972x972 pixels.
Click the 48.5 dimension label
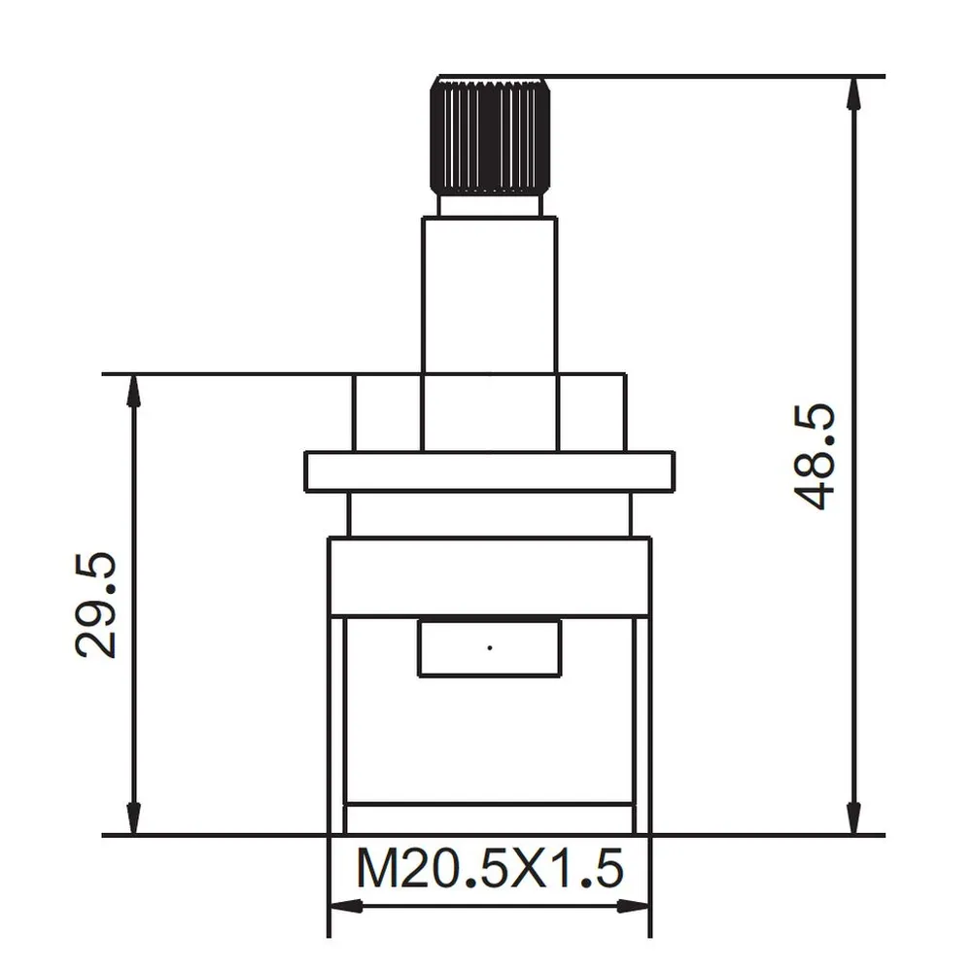815,458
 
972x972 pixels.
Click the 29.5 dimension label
97,605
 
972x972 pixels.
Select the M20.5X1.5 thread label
489,869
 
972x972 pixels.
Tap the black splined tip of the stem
490,137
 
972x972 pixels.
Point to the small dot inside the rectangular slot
490,646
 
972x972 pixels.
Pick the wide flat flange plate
489,471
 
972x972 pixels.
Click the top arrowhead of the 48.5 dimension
853,91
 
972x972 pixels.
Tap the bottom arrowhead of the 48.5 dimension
853,818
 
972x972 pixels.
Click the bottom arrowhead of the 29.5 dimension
133,818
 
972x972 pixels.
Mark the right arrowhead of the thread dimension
635,906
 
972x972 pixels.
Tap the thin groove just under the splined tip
490,205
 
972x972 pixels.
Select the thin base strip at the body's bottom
490,818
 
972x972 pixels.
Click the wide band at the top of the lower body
489,576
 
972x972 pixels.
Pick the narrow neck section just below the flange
489,514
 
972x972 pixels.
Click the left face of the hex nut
387,413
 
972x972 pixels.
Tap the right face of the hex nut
592,413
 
